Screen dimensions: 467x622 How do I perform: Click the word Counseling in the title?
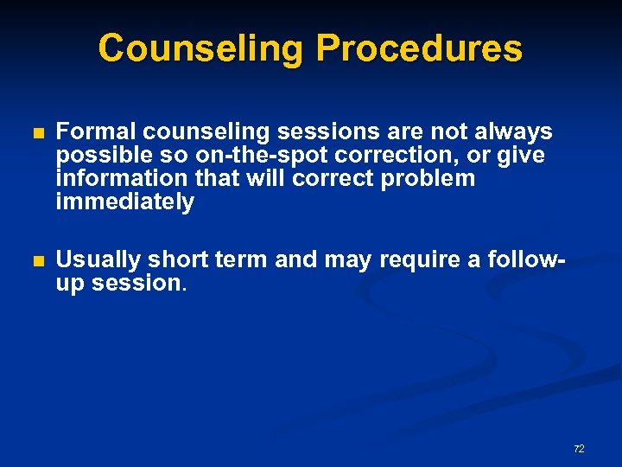(x=202, y=48)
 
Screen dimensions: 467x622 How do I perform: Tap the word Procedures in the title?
(x=419, y=48)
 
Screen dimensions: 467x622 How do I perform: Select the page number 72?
(x=579, y=448)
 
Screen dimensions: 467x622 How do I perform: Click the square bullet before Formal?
(x=36, y=134)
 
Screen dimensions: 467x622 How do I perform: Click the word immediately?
(x=124, y=202)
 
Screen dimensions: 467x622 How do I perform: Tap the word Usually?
(x=98, y=259)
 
